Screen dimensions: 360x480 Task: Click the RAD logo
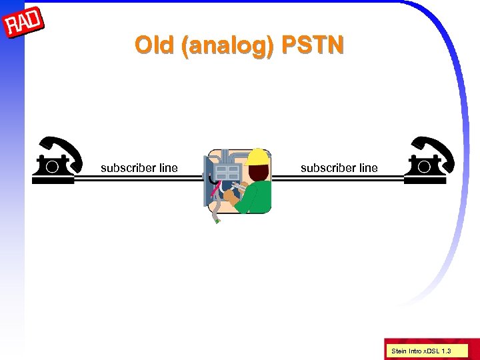pyautogui.click(x=23, y=25)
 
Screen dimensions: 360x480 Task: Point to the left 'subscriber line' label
pyautogui.click(x=139, y=168)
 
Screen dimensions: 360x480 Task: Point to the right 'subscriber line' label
pyautogui.click(x=339, y=168)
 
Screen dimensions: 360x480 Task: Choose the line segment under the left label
pyautogui.click(x=139, y=178)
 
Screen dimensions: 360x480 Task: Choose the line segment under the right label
pyautogui.click(x=339, y=178)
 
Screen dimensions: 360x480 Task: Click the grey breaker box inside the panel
pyautogui.click(x=229, y=173)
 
